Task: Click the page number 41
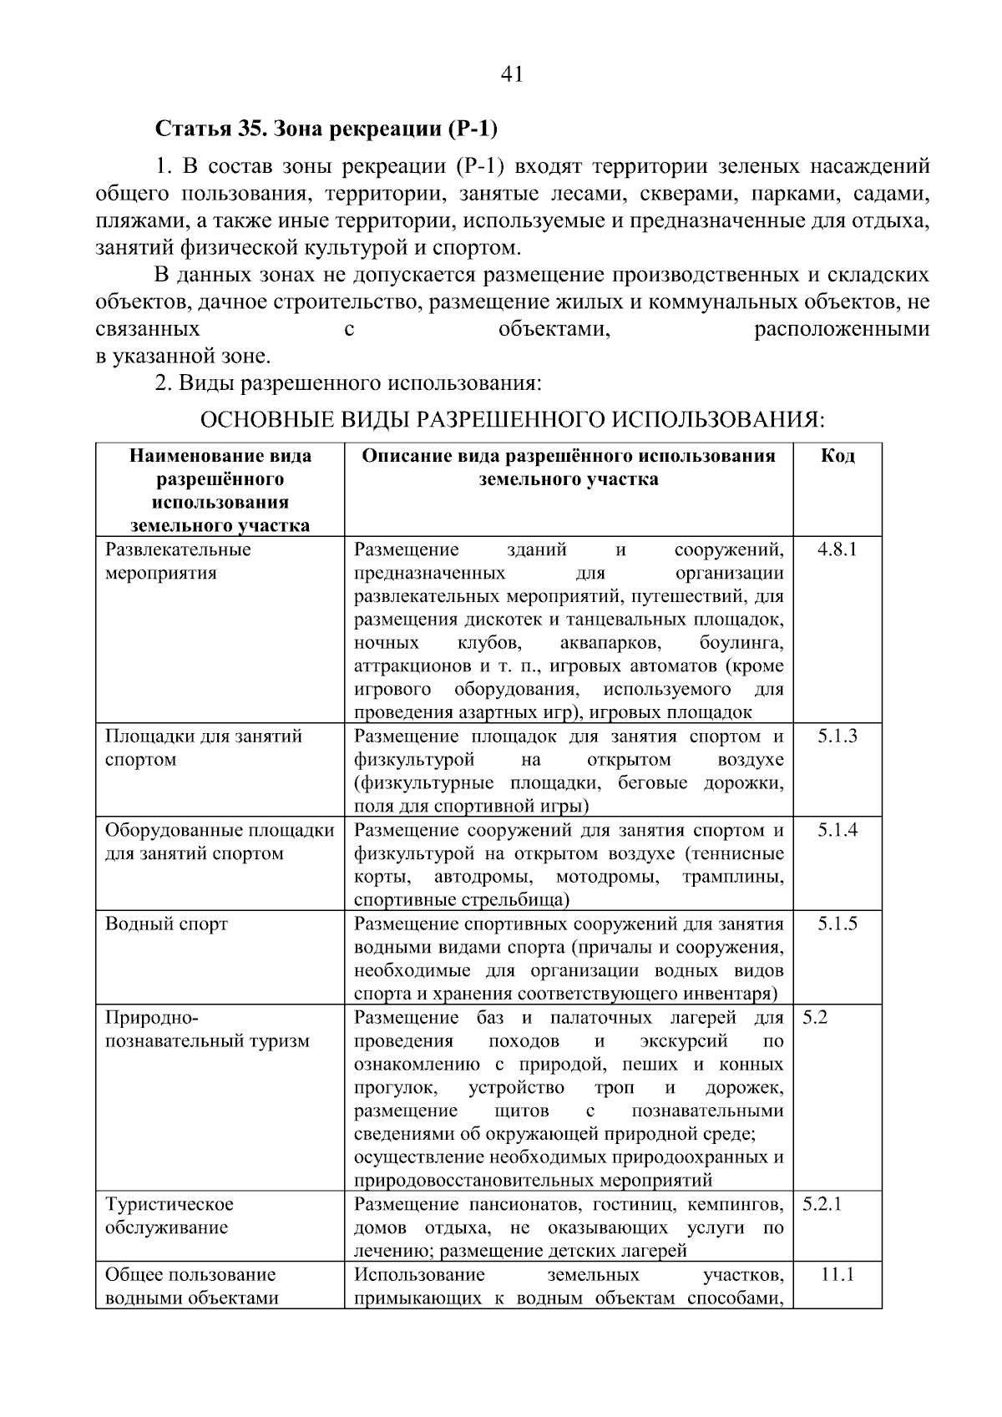point(512,75)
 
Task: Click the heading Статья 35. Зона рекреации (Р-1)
point(326,129)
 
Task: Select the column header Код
point(837,456)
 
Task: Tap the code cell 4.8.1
point(837,549)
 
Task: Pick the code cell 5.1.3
point(837,736)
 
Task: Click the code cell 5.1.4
point(837,830)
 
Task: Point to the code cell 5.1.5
point(837,924)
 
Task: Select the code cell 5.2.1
point(822,1204)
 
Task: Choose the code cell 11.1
point(837,1274)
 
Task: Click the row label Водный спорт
point(166,924)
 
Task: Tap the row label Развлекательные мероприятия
point(178,561)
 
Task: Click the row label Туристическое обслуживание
point(170,1216)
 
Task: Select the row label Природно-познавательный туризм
point(207,1029)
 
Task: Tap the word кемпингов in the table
point(729,1204)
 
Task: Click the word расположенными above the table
point(841,329)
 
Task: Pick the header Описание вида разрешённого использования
point(569,456)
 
